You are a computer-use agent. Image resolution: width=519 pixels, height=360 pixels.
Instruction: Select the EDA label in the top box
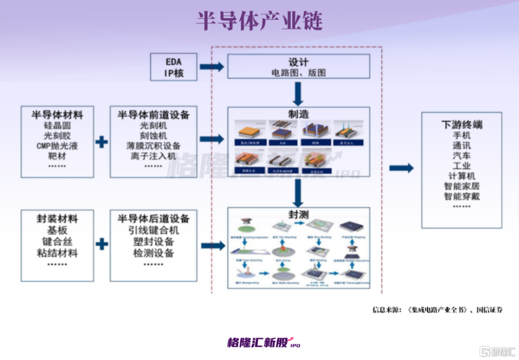(x=173, y=62)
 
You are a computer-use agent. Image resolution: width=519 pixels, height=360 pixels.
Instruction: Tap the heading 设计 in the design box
(x=298, y=62)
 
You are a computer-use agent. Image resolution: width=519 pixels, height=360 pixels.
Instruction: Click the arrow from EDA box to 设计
(x=211, y=66)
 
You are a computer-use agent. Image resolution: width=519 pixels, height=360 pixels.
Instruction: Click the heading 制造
(x=298, y=114)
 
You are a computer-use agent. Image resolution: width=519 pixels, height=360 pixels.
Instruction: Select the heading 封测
(x=298, y=214)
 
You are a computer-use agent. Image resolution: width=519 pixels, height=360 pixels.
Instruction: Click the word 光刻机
(x=153, y=126)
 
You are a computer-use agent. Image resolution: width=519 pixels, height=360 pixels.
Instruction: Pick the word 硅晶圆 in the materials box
(x=57, y=126)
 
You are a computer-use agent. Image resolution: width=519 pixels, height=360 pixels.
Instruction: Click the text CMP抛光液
(x=57, y=146)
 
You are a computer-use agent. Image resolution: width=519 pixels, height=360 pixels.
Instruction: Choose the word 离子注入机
(x=153, y=156)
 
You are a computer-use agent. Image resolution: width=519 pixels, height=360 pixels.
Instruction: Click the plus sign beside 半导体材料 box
(x=102, y=141)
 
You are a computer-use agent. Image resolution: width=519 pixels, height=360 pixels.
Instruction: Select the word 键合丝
(x=57, y=242)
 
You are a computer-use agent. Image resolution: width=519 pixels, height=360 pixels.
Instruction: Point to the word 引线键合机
(x=153, y=231)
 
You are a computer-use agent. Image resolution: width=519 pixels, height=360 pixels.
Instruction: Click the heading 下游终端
(x=461, y=125)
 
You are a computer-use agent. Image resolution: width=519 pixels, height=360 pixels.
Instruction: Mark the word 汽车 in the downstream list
(x=461, y=156)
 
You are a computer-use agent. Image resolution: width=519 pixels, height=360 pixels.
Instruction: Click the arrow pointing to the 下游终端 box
(x=401, y=168)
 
